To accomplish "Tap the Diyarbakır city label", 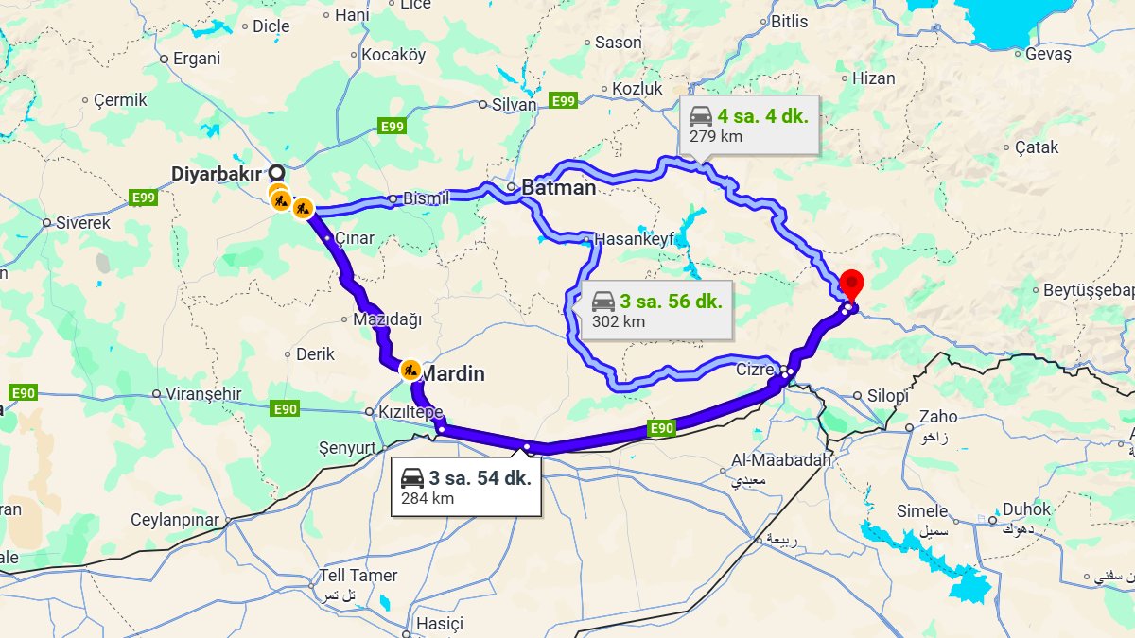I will tap(217, 174).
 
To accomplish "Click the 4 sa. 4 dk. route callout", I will tap(749, 125).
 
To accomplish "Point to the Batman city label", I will tap(559, 187).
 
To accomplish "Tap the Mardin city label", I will tap(452, 374).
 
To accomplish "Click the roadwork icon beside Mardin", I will tap(410, 370).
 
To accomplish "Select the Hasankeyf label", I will tap(634, 239).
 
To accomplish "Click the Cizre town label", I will tap(755, 370).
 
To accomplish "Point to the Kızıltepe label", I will tap(410, 412).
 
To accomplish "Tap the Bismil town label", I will tap(427, 198).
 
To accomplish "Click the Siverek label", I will tap(83, 223).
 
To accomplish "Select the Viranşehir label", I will tap(203, 393).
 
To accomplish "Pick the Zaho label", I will tap(938, 416).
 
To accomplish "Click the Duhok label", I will tap(1026, 509).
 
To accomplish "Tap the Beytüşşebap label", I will tap(1088, 291).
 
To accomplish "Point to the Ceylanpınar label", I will tap(175, 520).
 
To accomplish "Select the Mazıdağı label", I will tap(387, 319).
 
